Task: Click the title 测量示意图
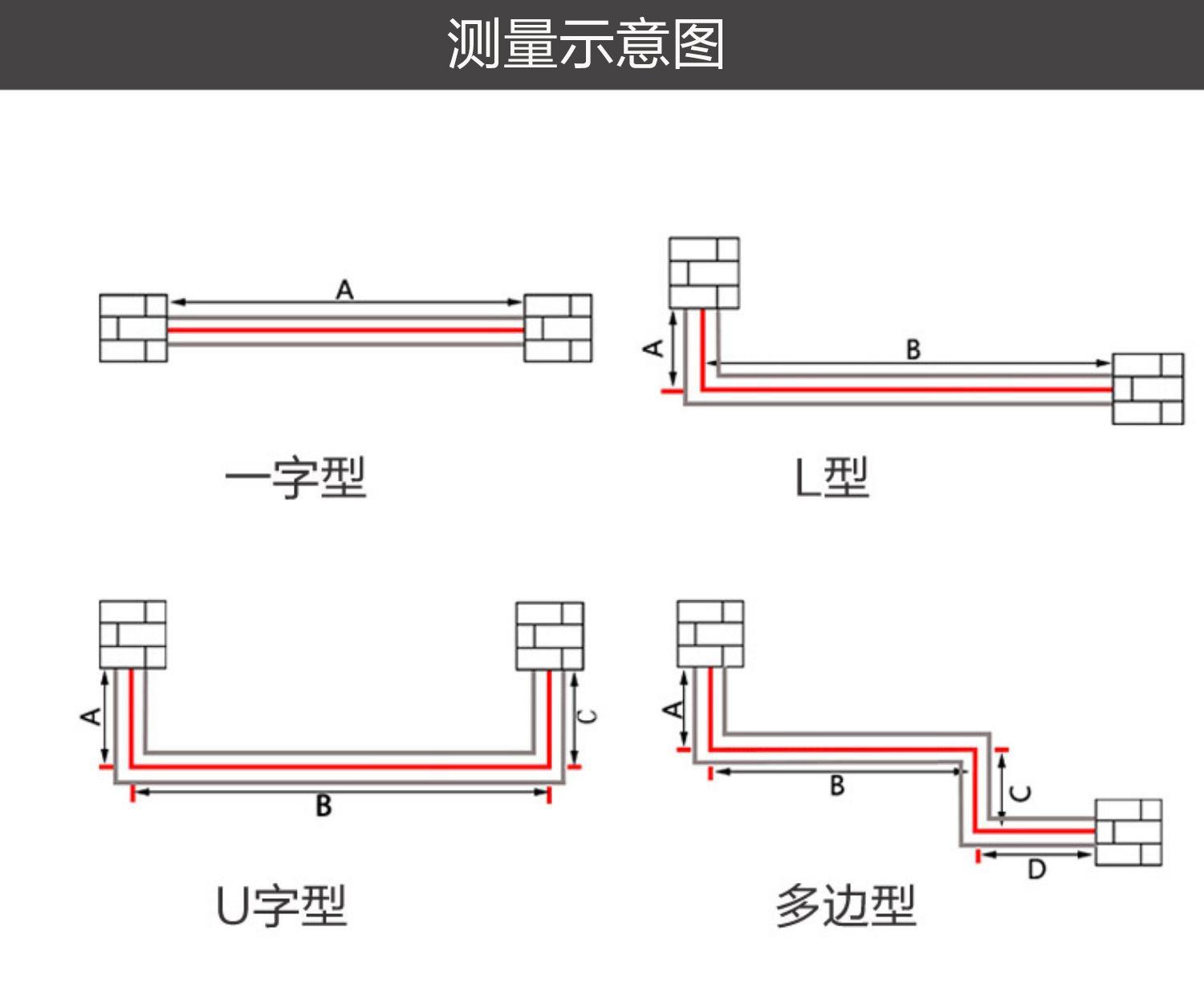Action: click(586, 43)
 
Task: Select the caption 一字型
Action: click(295, 478)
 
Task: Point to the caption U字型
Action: click(282, 905)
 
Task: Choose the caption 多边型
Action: click(845, 905)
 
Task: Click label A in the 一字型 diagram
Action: click(344, 289)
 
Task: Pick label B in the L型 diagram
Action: click(913, 350)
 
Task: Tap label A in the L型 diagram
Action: click(655, 348)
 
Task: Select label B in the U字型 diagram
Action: click(323, 805)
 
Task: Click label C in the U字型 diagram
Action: click(588, 716)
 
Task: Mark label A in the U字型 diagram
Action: click(92, 715)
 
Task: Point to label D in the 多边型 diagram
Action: click(1036, 868)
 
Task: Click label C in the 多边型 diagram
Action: click(1021, 793)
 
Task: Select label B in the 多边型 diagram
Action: click(837, 785)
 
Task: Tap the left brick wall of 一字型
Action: click(133, 328)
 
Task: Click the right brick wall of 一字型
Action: click(558, 328)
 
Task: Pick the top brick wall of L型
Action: click(704, 273)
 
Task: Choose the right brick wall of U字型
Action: click(550, 636)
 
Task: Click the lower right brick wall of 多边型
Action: click(1129, 832)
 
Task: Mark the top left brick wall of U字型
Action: click(133, 634)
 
